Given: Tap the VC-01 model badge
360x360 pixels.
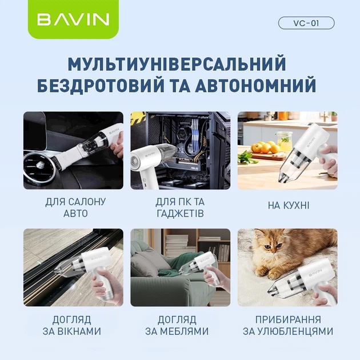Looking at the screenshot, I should click(306, 23).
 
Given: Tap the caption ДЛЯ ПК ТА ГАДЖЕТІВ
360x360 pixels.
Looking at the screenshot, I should click(180, 208).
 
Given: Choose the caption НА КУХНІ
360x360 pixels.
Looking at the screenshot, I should click(288, 205).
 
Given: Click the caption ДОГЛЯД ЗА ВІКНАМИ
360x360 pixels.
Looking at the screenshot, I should click(73, 325).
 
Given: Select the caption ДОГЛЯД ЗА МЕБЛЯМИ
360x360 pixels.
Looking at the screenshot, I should click(180, 325).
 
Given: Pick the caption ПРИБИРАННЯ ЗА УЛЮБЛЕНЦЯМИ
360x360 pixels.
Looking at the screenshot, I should click(287, 325).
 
